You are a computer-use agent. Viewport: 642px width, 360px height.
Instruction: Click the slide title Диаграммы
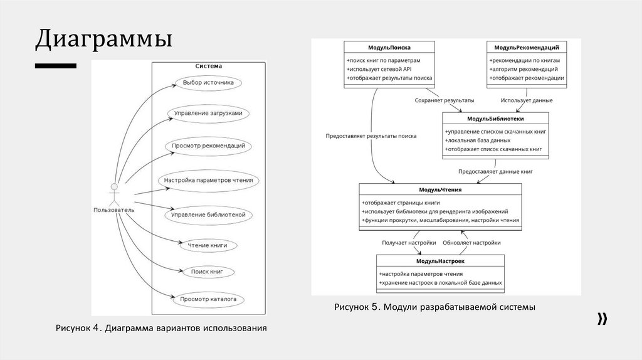coord(103,40)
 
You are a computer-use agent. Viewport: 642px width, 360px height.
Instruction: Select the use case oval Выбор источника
coord(208,82)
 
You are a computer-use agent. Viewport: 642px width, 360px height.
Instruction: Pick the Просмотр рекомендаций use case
coord(208,146)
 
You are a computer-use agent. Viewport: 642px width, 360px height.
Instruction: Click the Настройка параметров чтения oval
coord(208,181)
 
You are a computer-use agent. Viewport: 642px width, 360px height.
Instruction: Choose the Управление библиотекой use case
coord(208,214)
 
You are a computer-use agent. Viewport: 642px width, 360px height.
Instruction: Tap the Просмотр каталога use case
coord(208,300)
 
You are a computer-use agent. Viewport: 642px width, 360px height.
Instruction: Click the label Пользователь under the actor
coord(113,210)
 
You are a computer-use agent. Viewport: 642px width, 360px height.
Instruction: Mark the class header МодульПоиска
coord(389,48)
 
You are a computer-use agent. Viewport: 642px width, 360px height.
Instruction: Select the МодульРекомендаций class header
coord(527,48)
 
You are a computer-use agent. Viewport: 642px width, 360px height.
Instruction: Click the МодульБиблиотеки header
coord(495,119)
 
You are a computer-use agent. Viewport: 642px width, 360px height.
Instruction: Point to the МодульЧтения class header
coord(440,189)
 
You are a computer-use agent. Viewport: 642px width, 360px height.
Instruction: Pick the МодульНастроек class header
coord(440,261)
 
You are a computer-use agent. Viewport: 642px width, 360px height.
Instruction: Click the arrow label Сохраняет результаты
coord(445,100)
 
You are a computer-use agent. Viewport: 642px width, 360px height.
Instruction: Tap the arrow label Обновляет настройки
coord(471,242)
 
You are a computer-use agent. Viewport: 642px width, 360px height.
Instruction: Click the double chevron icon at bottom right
coord(602,319)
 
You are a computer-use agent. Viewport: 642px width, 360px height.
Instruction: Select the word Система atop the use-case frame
coord(208,66)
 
